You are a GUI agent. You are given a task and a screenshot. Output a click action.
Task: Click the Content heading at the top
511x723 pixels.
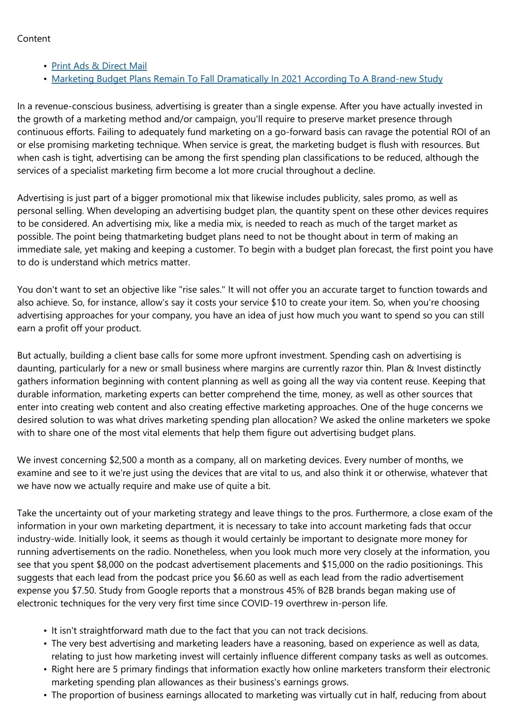[x=33, y=39]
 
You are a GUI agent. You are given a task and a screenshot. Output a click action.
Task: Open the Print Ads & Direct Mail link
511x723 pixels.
[x=99, y=66]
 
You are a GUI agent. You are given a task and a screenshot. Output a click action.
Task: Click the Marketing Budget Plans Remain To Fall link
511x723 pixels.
[x=247, y=79]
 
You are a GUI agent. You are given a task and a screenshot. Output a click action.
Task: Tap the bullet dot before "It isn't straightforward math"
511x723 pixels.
[x=45, y=631]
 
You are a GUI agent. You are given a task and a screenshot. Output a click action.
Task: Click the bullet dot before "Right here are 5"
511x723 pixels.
[x=45, y=670]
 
